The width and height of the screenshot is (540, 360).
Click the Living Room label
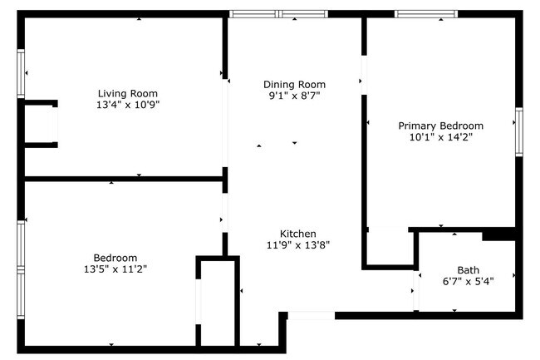(x=128, y=93)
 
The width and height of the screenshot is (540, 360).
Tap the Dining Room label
(x=294, y=85)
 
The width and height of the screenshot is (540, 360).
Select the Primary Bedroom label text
(x=441, y=126)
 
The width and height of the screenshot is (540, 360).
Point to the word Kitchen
(x=298, y=234)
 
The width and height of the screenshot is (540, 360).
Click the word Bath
(x=469, y=270)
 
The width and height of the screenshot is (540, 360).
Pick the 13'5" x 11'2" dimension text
(x=115, y=269)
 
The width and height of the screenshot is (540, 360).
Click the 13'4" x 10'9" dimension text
(x=128, y=105)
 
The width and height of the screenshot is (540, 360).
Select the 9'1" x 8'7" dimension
(x=294, y=96)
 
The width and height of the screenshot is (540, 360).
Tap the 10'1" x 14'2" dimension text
(x=441, y=137)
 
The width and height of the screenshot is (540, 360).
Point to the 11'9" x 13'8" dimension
(x=298, y=245)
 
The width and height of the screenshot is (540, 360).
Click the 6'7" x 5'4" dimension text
(x=469, y=282)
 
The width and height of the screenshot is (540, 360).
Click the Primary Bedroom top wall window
(x=426, y=14)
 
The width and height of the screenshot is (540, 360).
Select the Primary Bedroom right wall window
(x=519, y=132)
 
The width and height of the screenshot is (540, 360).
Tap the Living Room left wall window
(x=21, y=74)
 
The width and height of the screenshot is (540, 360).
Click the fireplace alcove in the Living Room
(x=39, y=124)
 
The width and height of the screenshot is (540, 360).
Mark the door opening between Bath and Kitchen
(x=416, y=290)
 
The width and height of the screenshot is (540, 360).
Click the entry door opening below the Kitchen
(x=312, y=315)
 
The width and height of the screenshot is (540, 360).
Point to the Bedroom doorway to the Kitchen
(x=225, y=213)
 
